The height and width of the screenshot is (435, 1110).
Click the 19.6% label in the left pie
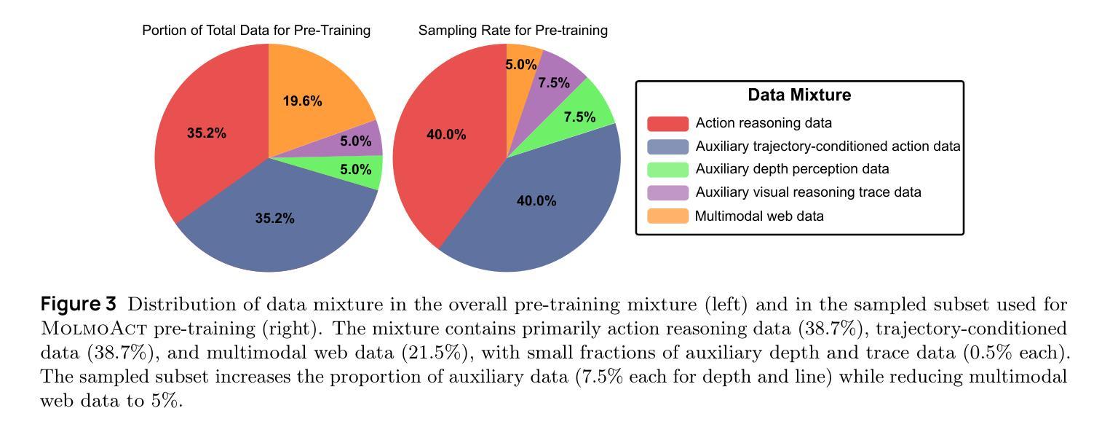click(x=302, y=101)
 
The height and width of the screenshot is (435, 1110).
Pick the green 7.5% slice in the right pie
click(x=579, y=117)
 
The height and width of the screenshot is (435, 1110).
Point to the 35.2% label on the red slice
click(x=206, y=133)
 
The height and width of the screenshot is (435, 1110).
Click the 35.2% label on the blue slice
click(x=274, y=218)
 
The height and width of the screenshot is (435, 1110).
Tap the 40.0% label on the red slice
click(x=446, y=135)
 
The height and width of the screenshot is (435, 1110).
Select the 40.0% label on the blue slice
click(x=536, y=201)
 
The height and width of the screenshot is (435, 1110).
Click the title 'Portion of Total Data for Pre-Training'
click(x=256, y=31)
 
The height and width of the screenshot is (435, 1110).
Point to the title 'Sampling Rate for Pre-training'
click(x=512, y=31)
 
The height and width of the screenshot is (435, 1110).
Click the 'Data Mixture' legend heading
click(x=799, y=95)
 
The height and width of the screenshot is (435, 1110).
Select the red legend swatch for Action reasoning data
click(x=667, y=124)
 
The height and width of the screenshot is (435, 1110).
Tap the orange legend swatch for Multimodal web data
click(x=667, y=216)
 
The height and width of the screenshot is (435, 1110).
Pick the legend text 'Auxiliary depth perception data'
click(x=792, y=169)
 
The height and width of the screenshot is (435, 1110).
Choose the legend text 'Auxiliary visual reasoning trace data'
click(x=808, y=192)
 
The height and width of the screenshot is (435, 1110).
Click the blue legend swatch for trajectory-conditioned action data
click(x=667, y=146)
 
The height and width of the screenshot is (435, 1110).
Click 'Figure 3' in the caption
click(x=78, y=305)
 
